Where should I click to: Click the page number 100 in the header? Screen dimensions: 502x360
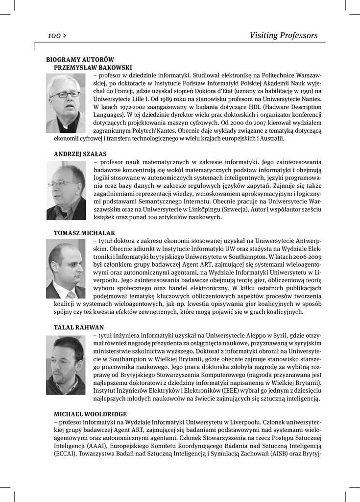(x=54, y=35)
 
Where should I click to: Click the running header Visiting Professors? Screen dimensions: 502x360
(x=283, y=35)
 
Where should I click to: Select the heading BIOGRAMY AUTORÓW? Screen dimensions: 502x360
(x=80, y=59)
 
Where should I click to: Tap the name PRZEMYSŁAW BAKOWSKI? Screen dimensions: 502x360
(x=93, y=67)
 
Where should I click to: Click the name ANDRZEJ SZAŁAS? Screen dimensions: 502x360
(x=80, y=154)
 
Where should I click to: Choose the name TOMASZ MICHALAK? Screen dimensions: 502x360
(x=84, y=233)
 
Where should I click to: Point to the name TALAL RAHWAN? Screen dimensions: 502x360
(x=78, y=327)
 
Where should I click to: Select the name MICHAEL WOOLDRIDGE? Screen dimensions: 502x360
(x=90, y=414)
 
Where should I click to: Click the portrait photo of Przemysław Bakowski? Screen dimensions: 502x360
(x=66, y=103)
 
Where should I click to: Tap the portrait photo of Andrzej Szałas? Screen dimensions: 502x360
(x=66, y=190)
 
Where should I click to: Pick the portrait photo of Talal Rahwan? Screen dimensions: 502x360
(x=66, y=365)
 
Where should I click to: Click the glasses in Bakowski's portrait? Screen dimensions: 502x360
(x=65, y=94)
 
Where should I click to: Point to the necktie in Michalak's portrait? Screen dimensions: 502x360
(x=72, y=295)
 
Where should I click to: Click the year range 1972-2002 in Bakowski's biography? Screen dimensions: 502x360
(x=128, y=106)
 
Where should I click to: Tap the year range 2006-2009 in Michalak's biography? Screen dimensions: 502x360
(x=307, y=256)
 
